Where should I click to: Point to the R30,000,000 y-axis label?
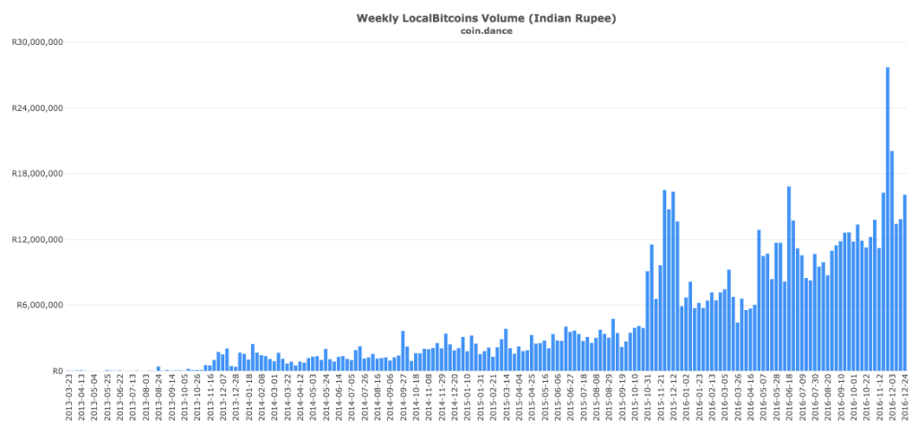(x=37, y=42)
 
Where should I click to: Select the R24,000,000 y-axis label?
(x=37, y=108)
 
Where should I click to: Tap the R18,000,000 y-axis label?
(x=37, y=174)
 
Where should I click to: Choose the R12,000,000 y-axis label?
(x=37, y=239)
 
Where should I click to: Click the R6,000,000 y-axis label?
(x=39, y=305)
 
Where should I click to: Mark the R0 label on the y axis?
(x=56, y=370)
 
